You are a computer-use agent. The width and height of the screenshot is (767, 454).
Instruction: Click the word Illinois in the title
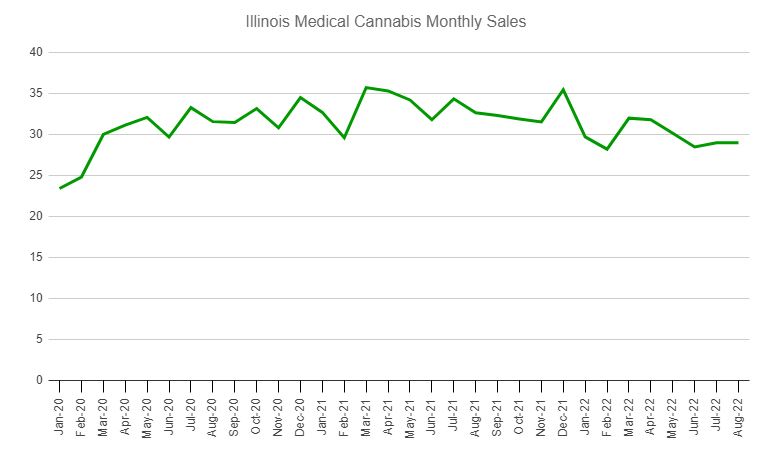pos(268,21)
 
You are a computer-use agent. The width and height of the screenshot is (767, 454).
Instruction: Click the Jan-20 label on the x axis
pos(60,412)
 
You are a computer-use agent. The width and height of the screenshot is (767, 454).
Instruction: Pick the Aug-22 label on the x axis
pos(739,412)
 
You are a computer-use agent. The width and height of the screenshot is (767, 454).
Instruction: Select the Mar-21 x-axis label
pos(366,412)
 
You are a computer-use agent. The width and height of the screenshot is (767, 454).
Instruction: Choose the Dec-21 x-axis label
pos(563,412)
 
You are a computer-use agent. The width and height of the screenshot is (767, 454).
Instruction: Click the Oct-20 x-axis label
pos(257,412)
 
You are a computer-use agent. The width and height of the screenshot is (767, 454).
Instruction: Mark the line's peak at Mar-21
pos(366,87)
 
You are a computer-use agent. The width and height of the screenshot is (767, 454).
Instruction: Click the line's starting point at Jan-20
pos(60,188)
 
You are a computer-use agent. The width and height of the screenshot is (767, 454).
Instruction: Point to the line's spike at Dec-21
pos(563,89)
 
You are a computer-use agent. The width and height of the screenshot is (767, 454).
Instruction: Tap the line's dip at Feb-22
pos(607,149)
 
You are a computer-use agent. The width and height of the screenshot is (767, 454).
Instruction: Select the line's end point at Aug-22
pos(739,142)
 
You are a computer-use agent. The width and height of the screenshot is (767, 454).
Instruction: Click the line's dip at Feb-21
pos(344,137)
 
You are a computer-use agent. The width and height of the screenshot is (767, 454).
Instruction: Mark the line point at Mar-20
pos(104,134)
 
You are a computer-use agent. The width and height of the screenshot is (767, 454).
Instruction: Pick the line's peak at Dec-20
pos(301,97)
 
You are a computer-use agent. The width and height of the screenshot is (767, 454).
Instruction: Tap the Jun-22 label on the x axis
pos(695,412)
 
